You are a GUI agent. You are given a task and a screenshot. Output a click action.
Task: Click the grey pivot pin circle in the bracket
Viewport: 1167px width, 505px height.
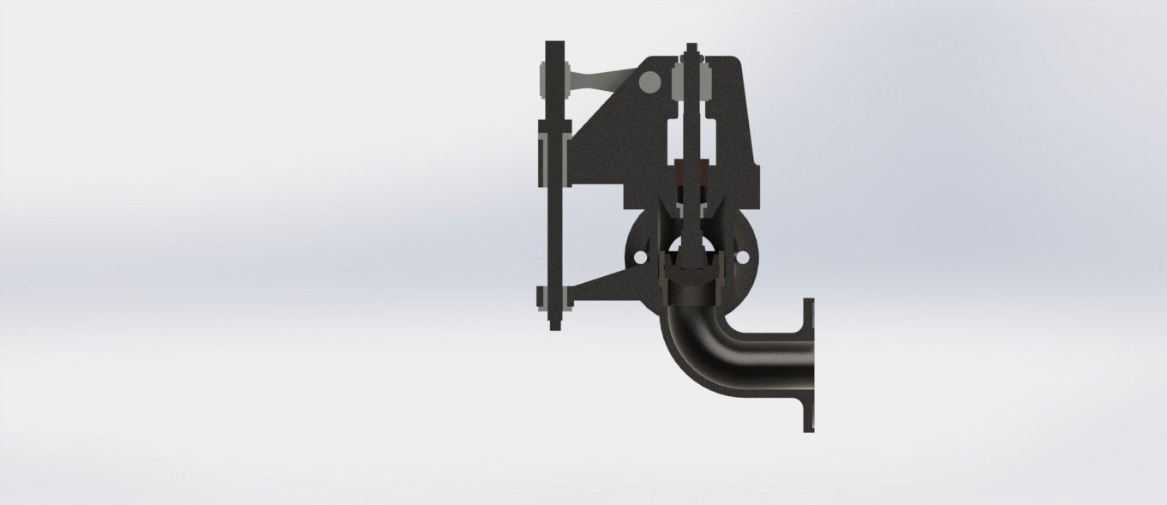coord(649,82)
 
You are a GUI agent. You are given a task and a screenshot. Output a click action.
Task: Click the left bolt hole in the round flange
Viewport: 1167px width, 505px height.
coord(637,256)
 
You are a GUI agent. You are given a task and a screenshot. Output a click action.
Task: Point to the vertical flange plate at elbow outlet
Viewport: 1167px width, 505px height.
coord(808,364)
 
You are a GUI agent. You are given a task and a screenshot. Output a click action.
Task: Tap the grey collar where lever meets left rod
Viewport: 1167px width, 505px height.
coord(545,82)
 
